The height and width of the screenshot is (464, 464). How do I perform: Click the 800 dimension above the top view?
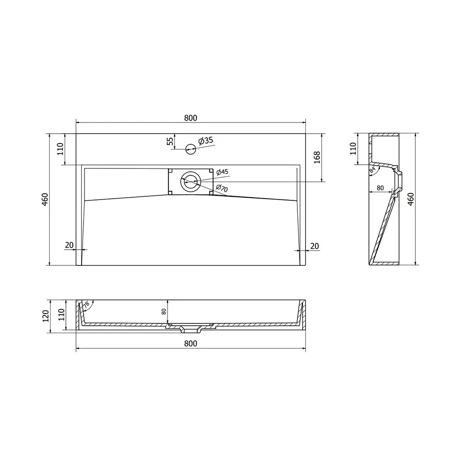point(191,118)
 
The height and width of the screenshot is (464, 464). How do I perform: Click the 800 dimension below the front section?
point(191,343)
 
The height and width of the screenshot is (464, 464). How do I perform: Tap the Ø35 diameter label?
point(206,141)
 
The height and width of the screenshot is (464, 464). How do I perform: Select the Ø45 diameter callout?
point(222,172)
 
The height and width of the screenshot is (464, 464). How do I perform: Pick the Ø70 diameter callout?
point(222,187)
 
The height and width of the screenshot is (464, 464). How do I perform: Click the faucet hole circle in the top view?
point(191,149)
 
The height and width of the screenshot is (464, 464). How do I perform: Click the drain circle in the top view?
point(191,181)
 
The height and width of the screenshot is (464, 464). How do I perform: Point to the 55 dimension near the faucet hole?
point(170,141)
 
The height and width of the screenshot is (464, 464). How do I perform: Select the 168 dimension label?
point(317,157)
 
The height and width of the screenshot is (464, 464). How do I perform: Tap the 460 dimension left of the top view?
point(45,199)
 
